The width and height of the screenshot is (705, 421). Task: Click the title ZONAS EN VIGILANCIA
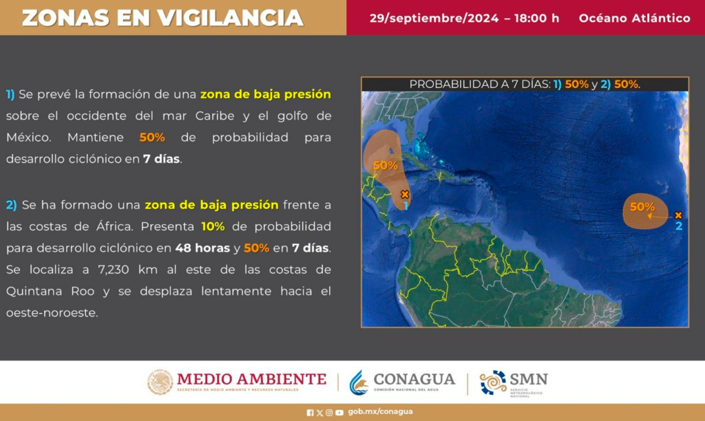tap(162, 18)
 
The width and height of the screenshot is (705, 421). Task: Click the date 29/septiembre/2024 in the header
tap(434, 18)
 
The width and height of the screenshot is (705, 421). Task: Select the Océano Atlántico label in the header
tap(634, 18)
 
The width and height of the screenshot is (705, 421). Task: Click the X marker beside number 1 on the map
tap(405, 195)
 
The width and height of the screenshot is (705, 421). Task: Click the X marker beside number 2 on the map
tap(678, 215)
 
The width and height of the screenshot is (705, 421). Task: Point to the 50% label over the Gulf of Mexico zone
tap(386, 165)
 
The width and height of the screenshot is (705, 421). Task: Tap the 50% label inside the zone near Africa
tap(642, 206)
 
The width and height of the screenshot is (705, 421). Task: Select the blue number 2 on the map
tap(679, 226)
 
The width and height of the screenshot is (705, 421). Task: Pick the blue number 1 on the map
tap(406, 206)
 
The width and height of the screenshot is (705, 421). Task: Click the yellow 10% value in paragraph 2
tap(213, 226)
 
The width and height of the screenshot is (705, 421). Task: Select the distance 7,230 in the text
tap(114, 270)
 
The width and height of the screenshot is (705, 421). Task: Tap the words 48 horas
tap(202, 248)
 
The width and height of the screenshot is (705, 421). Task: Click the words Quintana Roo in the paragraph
tap(50, 291)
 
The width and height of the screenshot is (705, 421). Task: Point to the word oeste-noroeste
tap(52, 313)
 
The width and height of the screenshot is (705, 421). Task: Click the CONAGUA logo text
tap(414, 380)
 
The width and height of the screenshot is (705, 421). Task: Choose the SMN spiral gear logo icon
tap(493, 382)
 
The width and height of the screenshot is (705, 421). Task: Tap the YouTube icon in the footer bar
tap(339, 413)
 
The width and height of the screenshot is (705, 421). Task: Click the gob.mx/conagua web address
tap(380, 411)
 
